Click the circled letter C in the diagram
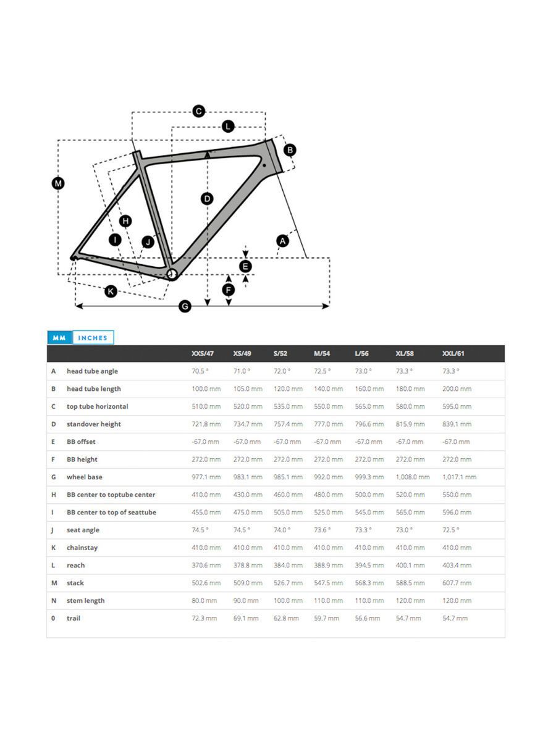[x=198, y=111]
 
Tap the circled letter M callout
[x=58, y=183]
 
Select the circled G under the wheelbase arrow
[x=185, y=306]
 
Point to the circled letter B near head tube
[x=290, y=149]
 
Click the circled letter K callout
[x=111, y=291]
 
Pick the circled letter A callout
[x=282, y=241]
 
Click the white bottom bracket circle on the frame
[x=173, y=274]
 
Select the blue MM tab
[x=59, y=338]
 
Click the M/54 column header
[x=322, y=353]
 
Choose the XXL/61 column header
[x=453, y=353]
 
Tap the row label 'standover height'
[x=94, y=424]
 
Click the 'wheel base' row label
[x=85, y=477]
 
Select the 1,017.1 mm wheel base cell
[x=459, y=477]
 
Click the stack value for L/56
[x=369, y=583]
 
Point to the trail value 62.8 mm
[x=286, y=618]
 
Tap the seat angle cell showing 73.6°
[x=322, y=530]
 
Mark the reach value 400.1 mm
[x=410, y=566]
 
